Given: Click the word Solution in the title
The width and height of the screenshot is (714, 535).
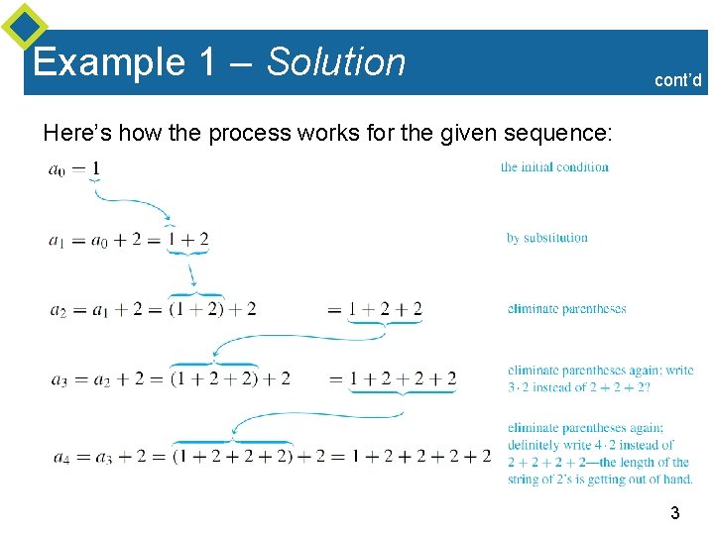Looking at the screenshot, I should click(x=336, y=62).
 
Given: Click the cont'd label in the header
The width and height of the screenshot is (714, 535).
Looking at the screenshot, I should click(x=678, y=80).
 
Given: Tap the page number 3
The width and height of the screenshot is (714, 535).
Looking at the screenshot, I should click(x=674, y=513).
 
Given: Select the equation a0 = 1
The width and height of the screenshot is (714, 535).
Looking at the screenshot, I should click(x=74, y=168).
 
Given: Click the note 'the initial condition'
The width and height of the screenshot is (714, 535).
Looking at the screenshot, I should click(x=554, y=166).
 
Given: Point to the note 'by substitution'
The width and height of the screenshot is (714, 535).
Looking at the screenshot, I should click(x=546, y=238).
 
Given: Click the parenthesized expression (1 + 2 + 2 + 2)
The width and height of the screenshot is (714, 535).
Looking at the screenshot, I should click(x=233, y=456).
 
